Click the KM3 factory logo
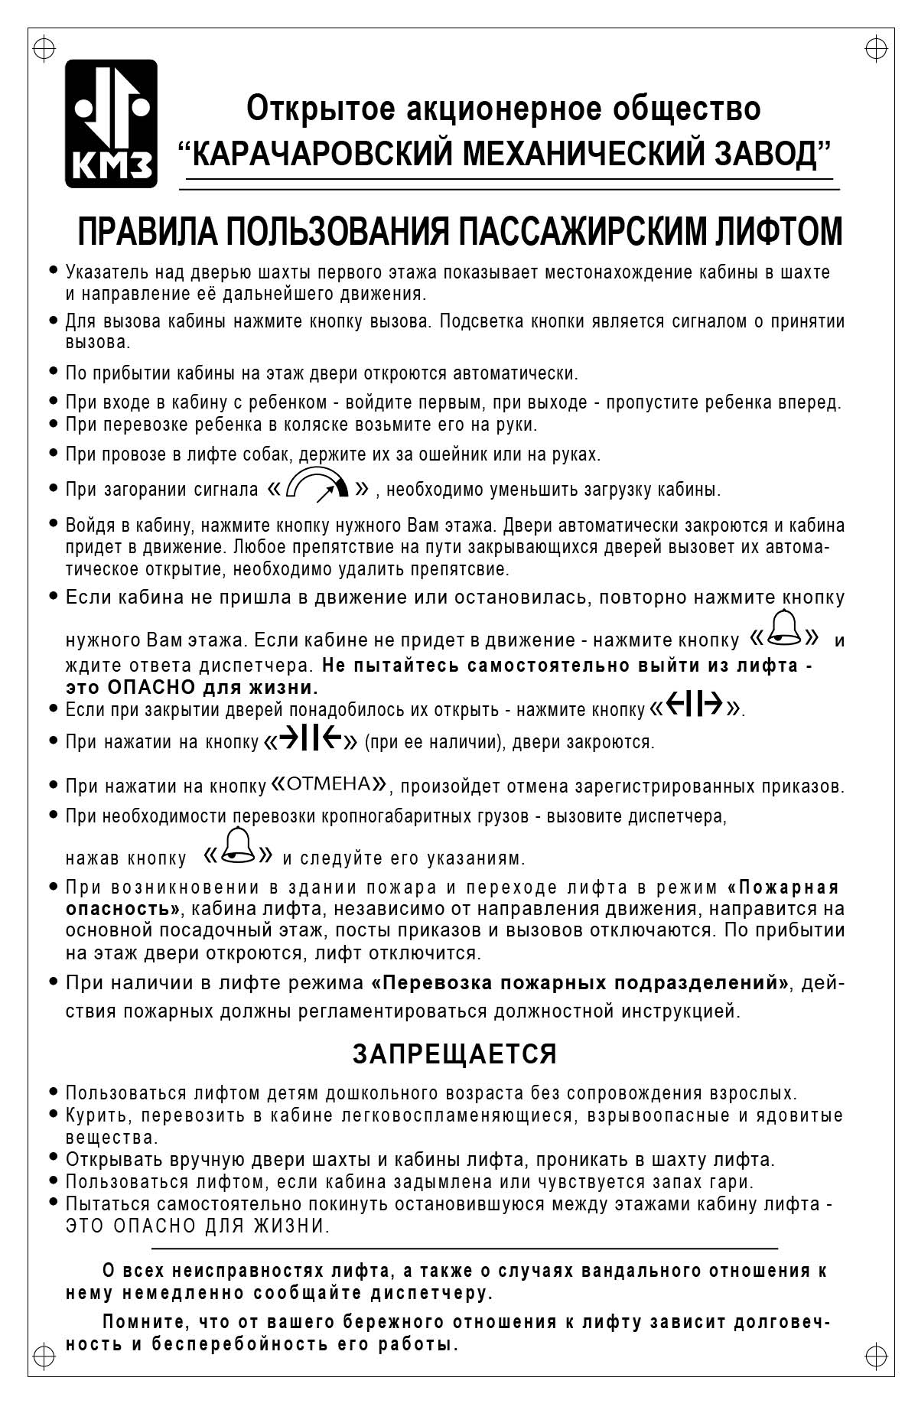(x=111, y=124)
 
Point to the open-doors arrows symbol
(x=695, y=707)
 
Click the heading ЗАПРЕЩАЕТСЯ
(x=454, y=1054)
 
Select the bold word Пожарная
(x=789, y=887)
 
